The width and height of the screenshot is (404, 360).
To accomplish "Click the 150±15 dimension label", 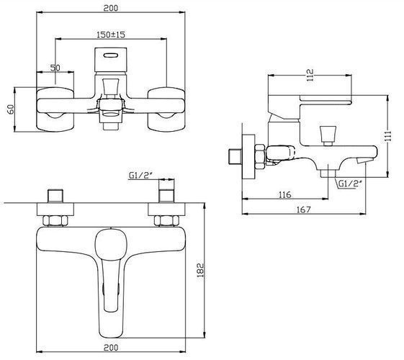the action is (x=111, y=35).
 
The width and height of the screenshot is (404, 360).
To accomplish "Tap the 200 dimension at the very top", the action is (x=111, y=8).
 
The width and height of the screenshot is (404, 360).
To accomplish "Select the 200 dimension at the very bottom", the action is (x=111, y=347).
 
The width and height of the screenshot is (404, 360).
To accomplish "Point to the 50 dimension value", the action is (x=55, y=68).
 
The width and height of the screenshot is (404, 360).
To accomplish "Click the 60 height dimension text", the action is (x=11, y=109).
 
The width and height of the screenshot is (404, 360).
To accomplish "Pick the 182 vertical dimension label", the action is (x=200, y=270).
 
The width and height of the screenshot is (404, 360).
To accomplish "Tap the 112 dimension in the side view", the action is (x=310, y=75).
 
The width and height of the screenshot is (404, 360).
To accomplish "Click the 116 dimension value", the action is (x=284, y=194).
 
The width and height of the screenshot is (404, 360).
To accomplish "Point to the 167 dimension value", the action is (x=304, y=210).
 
